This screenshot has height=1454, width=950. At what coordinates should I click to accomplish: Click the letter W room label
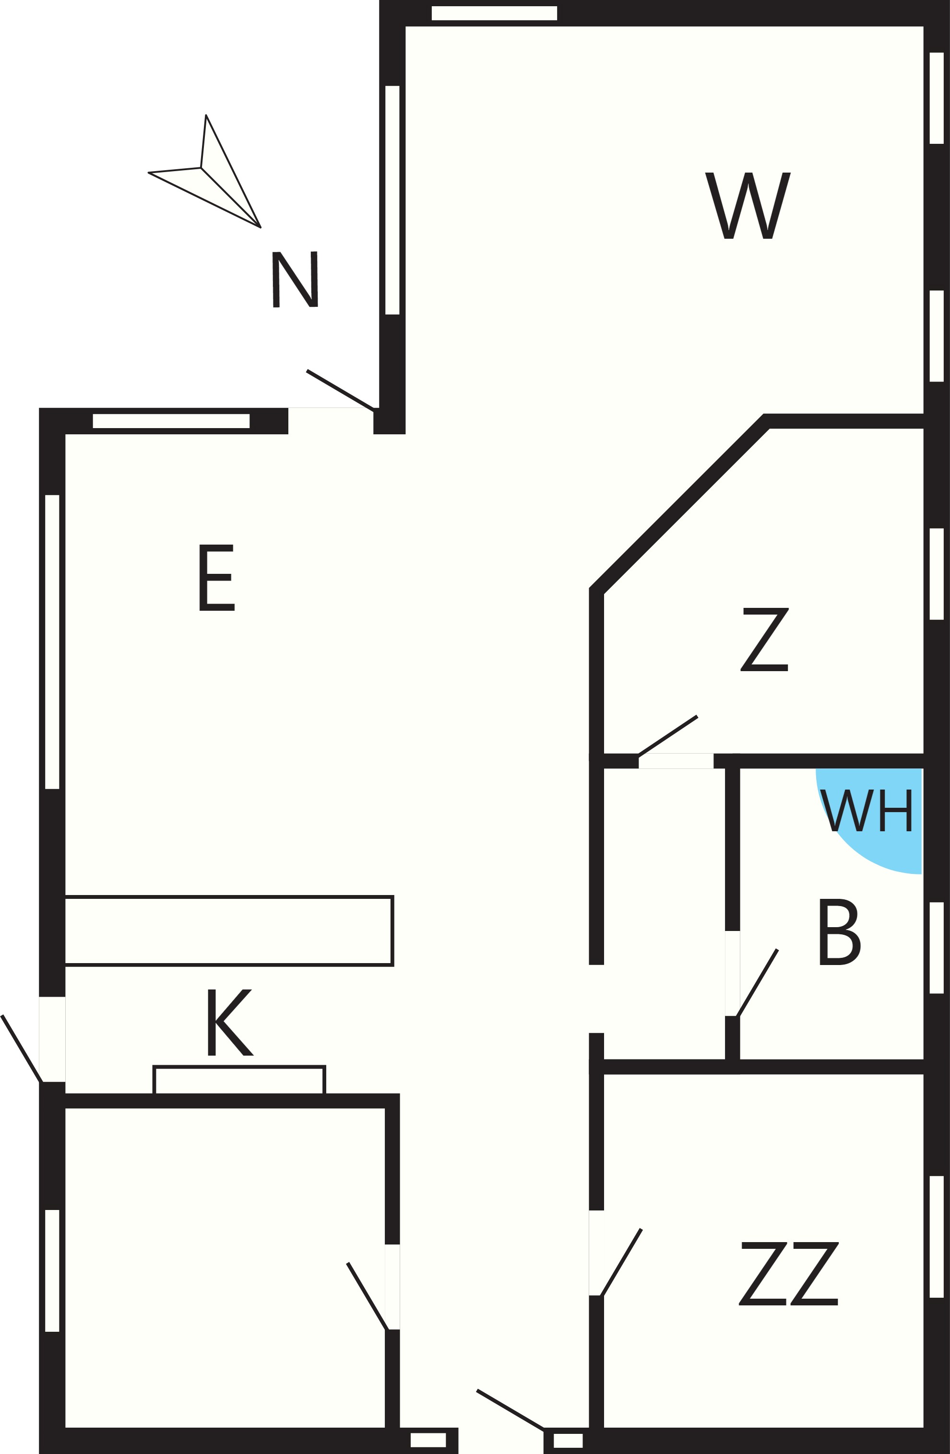[x=748, y=205]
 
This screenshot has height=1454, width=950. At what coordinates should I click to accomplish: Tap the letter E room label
[x=217, y=577]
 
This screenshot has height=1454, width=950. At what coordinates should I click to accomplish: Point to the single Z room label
[x=764, y=640]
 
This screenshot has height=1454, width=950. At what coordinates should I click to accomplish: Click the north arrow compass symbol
[x=205, y=172]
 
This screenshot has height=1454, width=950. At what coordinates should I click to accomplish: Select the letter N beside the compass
[x=295, y=279]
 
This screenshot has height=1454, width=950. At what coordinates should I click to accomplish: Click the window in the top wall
[x=494, y=13]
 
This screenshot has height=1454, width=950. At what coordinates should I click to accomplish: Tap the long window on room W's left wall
[x=392, y=200]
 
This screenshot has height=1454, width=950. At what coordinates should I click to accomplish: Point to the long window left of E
[x=52, y=641]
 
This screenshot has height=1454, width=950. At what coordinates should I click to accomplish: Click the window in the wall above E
[x=171, y=421]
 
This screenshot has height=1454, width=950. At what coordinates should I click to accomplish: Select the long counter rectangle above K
[x=229, y=931]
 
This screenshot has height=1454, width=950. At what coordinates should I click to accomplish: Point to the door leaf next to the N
[x=340, y=390]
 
